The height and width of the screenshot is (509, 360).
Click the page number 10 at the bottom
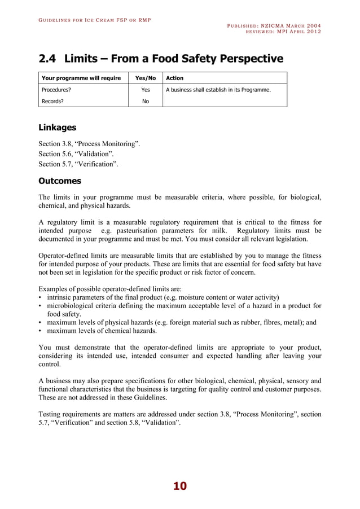coord(179,486)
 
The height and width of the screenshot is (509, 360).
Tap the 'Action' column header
coord(174,78)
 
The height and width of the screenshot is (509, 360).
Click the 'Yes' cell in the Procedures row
coord(146,90)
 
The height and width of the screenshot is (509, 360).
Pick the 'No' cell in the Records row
coord(146,102)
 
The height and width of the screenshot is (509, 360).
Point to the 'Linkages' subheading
coord(57,128)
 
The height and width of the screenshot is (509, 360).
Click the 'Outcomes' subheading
coord(59,181)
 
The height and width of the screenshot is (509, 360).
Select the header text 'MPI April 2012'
coord(300,32)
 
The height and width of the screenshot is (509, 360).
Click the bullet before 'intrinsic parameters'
coord(40,297)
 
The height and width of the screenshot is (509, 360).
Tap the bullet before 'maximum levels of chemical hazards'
coord(40,331)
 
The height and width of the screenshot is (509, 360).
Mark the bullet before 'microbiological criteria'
coord(40,306)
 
